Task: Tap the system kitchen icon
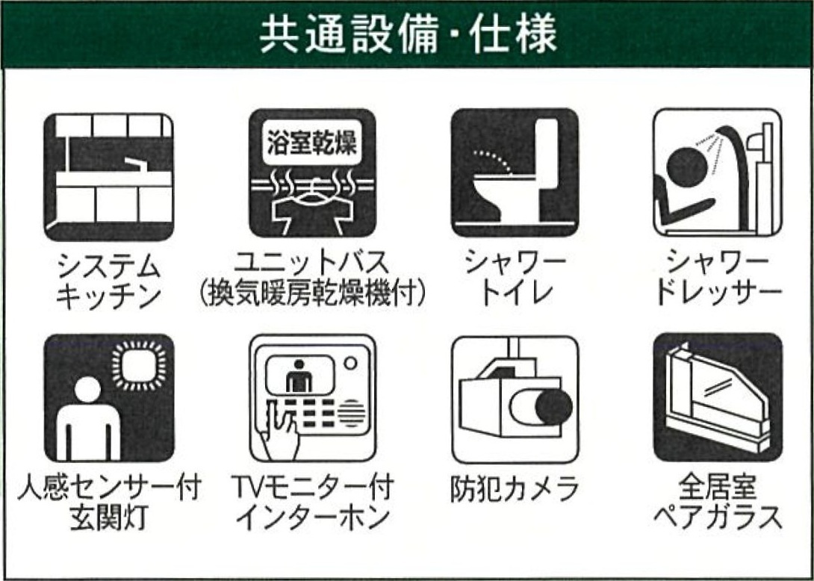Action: click(x=108, y=177)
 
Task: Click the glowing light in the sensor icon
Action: click(x=139, y=365)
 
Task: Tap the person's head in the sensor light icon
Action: click(x=87, y=389)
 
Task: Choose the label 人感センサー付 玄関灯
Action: click(x=109, y=503)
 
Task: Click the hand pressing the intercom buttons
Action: click(x=280, y=434)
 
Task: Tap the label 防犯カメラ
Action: click(x=514, y=490)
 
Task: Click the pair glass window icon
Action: click(x=718, y=397)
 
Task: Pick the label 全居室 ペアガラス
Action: click(x=718, y=503)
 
